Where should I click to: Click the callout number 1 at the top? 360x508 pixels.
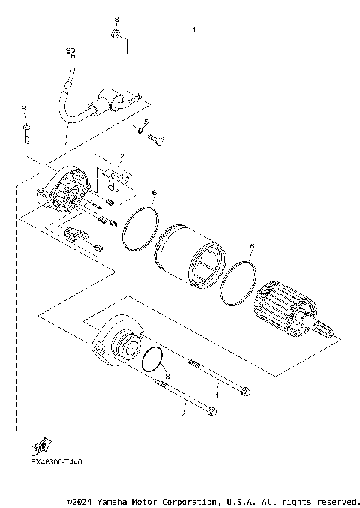click(x=193, y=30)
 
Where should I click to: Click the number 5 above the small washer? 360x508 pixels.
click(x=146, y=122)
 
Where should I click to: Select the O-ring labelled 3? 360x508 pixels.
click(x=154, y=360)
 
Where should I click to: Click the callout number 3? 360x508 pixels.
click(x=168, y=376)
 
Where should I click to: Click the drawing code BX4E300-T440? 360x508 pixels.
click(x=57, y=463)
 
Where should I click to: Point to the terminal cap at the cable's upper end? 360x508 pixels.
click(x=72, y=52)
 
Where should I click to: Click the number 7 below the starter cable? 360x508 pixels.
click(x=64, y=142)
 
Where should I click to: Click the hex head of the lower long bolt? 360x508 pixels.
click(x=214, y=410)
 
